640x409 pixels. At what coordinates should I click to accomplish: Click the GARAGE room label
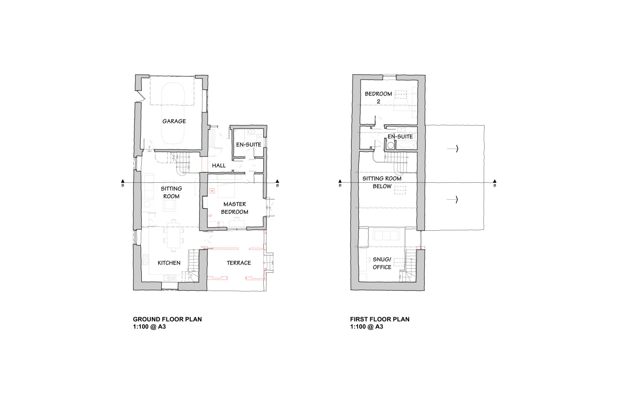pos(174,121)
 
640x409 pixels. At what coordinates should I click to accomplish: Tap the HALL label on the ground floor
pos(219,165)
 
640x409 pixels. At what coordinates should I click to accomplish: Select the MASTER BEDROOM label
pos(235,208)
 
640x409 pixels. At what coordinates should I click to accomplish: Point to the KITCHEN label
pos(169,263)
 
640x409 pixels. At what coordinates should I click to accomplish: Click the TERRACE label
pos(239,263)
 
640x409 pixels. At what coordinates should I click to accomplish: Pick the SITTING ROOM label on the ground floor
pos(171,192)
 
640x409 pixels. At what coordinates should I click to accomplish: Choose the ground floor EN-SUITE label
pos(249,144)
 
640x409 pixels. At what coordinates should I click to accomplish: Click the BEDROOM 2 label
pos(379,97)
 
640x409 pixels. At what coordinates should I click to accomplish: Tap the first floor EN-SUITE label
pos(400,137)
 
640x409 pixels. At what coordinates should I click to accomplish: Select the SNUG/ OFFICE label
pos(382,263)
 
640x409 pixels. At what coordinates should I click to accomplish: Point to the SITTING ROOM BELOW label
pos(382,182)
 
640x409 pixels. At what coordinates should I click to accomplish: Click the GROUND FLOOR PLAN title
pos(167,319)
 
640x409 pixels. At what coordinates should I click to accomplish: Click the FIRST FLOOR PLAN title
pos(380,319)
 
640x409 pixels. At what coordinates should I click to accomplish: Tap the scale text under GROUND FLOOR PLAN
pos(149,327)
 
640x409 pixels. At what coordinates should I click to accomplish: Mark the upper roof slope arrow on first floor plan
pos(453,149)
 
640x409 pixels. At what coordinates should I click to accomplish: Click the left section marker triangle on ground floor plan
pos(123,181)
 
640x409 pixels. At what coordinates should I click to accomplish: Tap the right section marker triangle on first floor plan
pos(495,181)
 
